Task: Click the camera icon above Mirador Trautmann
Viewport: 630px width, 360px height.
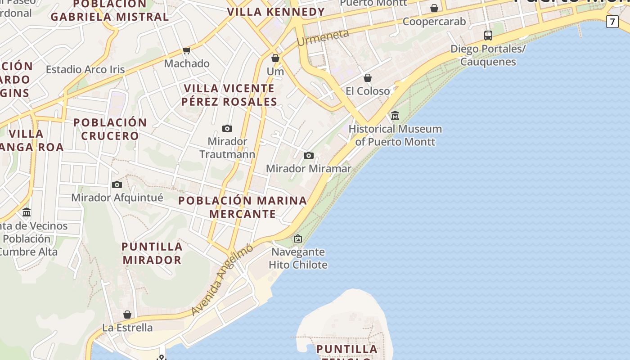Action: coord(227,129)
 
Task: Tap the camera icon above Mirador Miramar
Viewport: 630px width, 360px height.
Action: coord(308,156)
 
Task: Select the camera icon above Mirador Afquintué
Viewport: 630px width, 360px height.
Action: coord(117,185)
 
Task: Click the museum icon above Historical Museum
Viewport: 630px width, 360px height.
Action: coord(395,116)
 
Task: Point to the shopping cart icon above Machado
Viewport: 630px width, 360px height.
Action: coord(187,50)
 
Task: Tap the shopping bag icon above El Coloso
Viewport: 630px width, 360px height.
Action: coord(368,78)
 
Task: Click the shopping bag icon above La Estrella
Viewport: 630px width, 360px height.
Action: coord(127,315)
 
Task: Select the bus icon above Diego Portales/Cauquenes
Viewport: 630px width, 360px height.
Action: coord(488,35)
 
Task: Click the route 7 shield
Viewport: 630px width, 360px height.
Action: coord(612,22)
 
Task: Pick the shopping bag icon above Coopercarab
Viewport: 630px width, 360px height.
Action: coord(434,8)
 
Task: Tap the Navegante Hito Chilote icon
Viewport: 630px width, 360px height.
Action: coord(297,238)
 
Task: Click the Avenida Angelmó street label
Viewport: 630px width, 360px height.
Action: coord(222,279)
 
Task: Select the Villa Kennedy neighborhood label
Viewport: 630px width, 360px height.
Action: coord(276,12)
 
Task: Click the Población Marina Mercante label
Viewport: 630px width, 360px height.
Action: coord(243,207)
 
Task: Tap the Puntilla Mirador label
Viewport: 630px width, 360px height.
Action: coord(152,253)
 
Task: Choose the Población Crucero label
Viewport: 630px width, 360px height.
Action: coord(110,129)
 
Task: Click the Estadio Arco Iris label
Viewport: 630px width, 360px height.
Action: coord(85,70)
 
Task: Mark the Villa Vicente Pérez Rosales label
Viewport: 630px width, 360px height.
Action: coord(229,95)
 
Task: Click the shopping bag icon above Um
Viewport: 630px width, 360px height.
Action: coord(275,58)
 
